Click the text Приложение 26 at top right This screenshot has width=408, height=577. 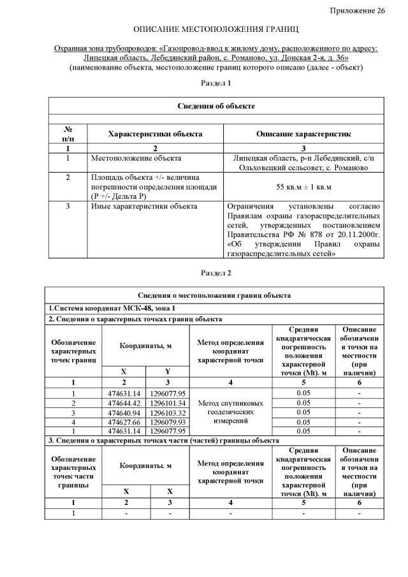pos(358,11)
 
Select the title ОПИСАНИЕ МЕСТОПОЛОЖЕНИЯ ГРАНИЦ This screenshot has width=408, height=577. pos(216,30)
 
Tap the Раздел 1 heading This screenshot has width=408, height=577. pos(216,83)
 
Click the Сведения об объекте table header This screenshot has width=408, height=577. pos(216,106)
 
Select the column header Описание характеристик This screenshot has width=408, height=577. pos(304,134)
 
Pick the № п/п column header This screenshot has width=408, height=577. pos(67,134)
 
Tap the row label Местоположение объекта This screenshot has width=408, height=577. pos(136,157)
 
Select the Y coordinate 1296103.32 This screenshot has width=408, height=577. pos(168,413)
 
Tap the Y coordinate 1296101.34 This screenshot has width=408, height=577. pos(168,403)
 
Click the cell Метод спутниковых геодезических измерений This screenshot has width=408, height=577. pos(230,412)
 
